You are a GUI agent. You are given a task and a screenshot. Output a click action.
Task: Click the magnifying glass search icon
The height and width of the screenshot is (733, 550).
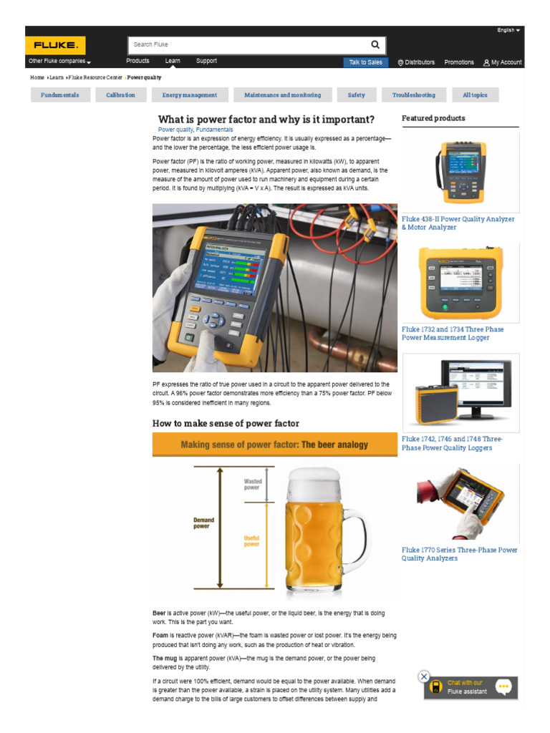375,44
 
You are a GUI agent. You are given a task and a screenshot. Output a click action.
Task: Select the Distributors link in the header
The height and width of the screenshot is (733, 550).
416,62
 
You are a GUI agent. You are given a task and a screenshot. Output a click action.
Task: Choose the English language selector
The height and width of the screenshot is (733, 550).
508,30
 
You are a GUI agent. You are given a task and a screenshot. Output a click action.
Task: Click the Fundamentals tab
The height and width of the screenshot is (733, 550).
60,94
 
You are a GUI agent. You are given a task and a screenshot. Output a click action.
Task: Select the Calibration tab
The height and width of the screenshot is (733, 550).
120,94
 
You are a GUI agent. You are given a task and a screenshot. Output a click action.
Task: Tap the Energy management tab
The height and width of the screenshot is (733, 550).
189,94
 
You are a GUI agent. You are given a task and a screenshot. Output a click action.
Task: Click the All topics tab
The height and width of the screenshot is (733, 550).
475,94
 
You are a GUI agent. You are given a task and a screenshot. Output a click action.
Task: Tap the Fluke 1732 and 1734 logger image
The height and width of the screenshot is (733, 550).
460,283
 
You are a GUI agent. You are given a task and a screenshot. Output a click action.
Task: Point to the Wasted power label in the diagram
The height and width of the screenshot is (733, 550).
252,485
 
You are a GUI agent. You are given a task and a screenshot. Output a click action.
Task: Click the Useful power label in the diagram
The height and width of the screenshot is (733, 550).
251,541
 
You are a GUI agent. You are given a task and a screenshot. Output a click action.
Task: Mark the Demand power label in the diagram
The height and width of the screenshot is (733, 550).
203,523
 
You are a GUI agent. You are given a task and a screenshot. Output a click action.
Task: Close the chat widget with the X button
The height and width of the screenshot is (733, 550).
424,676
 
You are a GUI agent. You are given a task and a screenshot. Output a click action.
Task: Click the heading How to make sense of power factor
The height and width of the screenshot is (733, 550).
226,423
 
